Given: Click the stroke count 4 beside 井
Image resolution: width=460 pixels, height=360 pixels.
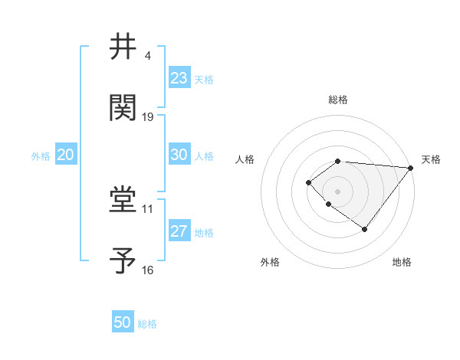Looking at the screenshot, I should click(x=147, y=56).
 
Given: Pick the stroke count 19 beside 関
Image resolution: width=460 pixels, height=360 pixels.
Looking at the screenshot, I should click(x=148, y=117).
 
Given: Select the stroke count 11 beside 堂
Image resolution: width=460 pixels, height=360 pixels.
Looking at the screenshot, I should click(x=148, y=208).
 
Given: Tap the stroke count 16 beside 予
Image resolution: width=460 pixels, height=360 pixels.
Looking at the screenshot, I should click(x=148, y=270).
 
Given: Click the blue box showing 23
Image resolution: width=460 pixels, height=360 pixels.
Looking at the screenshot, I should click(x=179, y=78).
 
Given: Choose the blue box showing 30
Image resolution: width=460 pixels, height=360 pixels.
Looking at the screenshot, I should click(x=179, y=155).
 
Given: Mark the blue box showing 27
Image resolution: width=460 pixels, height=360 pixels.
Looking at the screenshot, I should click(x=179, y=231).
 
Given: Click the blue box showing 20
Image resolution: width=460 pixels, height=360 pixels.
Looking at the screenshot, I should click(x=66, y=155).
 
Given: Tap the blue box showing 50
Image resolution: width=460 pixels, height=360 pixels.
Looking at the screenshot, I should click(x=123, y=322).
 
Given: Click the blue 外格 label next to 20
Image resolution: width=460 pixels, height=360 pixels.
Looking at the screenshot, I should click(x=41, y=156).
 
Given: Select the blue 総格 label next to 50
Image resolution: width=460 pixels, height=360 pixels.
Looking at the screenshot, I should click(x=147, y=324).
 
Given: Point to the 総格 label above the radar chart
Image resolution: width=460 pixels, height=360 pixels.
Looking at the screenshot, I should click(x=338, y=100).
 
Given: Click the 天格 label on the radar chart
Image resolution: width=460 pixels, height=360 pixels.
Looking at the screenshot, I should click(x=431, y=159).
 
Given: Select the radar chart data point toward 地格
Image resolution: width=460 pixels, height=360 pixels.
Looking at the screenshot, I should click(x=365, y=229).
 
